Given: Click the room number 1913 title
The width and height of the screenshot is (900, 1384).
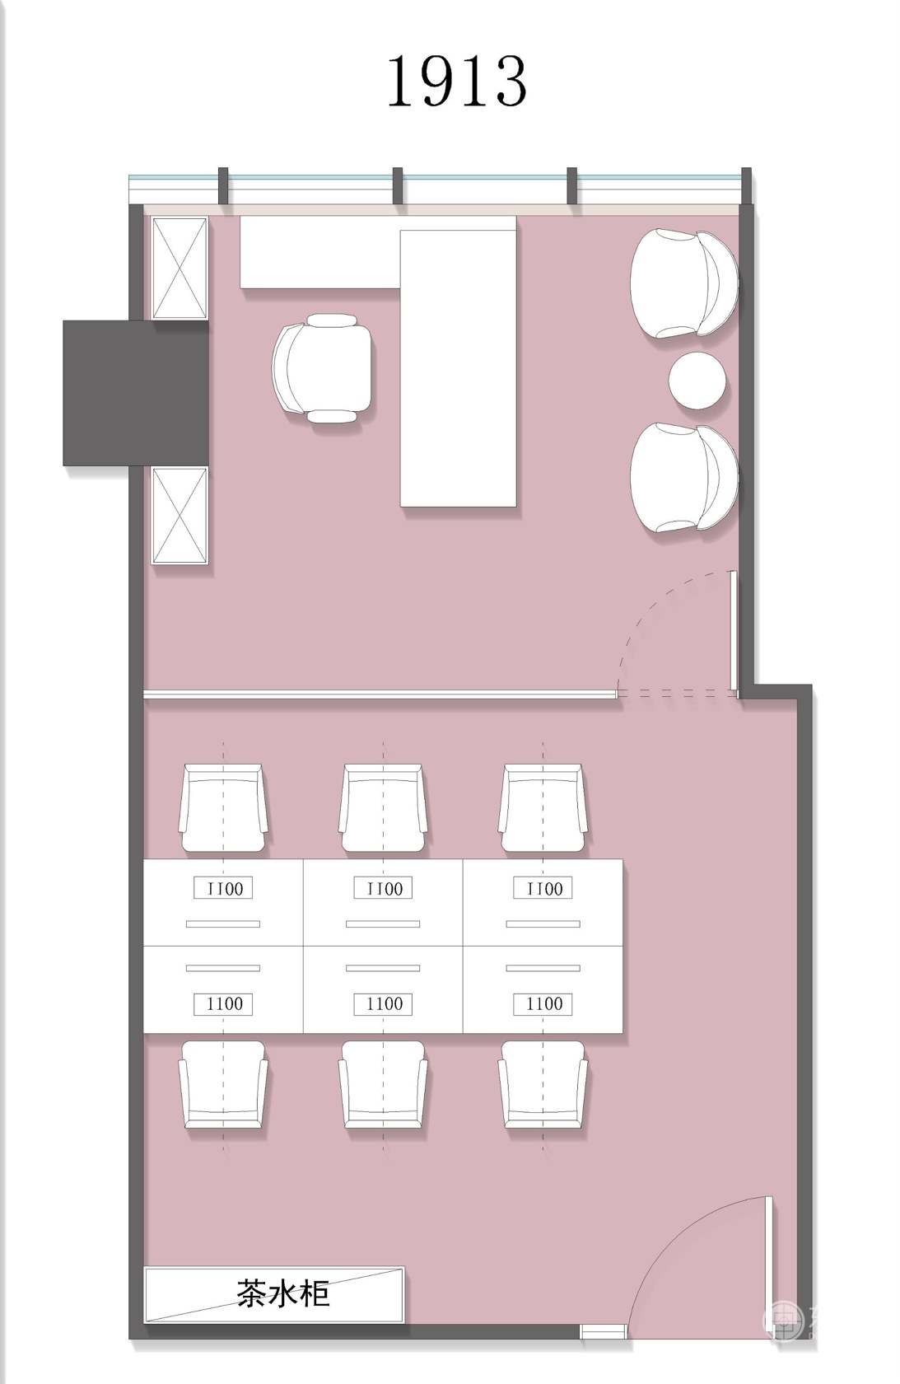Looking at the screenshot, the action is [x=456, y=81].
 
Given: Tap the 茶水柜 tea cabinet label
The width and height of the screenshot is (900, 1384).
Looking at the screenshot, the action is [x=283, y=1293].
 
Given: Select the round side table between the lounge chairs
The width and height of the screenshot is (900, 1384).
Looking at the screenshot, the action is [x=696, y=381].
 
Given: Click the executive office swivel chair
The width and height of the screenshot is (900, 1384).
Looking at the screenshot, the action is [x=322, y=367].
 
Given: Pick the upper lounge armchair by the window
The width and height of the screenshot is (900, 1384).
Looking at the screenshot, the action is [x=683, y=283].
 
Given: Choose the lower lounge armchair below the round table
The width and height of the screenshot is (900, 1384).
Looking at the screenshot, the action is [x=683, y=477].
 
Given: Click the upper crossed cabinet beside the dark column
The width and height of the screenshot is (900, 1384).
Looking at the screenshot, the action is [x=180, y=268].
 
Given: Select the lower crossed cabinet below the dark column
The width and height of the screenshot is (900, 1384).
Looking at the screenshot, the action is [x=180, y=516].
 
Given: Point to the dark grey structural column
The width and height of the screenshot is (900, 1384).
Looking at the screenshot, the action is [x=136, y=393].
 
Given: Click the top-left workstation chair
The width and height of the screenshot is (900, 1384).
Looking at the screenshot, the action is [x=223, y=807].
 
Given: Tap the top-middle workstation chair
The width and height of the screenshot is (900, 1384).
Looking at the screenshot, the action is [x=383, y=807].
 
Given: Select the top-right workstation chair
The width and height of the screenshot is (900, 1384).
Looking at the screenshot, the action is [x=543, y=807].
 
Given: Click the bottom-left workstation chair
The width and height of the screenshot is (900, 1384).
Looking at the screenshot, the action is [x=223, y=1084].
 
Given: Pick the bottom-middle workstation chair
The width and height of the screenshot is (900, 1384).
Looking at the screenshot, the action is [x=383, y=1084].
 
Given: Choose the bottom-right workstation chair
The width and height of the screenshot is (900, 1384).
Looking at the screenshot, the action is [x=543, y=1084].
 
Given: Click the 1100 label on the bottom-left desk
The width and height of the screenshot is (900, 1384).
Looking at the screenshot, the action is [x=223, y=1004].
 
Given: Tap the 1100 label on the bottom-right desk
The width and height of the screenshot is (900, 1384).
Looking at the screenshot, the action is [x=543, y=1004].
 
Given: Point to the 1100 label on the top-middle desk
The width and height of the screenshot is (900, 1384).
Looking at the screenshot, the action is [x=383, y=888].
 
